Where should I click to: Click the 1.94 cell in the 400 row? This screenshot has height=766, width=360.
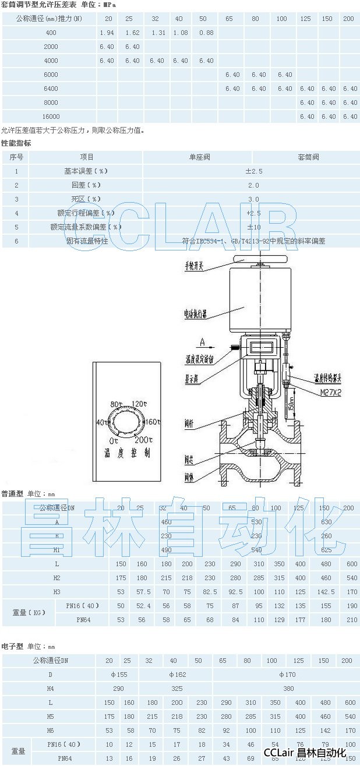107,33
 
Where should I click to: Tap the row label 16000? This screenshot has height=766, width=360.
51,117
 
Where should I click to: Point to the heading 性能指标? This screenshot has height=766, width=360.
16,143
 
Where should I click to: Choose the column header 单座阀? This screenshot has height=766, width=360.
199,157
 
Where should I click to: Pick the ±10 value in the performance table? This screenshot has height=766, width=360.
254,227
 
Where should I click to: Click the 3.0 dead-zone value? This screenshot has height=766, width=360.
254,199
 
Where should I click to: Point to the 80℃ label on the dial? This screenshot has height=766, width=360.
117,404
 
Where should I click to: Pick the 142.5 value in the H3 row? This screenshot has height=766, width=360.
325,592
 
